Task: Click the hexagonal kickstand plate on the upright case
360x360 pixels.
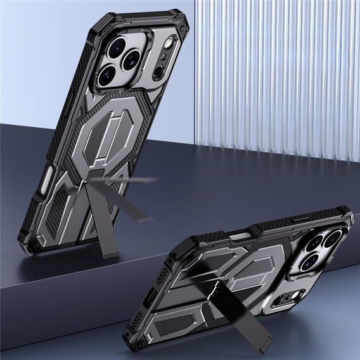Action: [115, 130]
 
